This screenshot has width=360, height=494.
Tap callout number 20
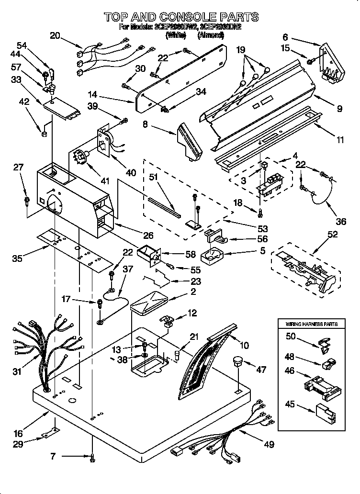click(56, 34)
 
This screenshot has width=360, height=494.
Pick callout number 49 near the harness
click(269, 445)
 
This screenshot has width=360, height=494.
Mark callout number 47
click(261, 370)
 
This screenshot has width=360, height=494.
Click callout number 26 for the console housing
click(148, 236)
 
